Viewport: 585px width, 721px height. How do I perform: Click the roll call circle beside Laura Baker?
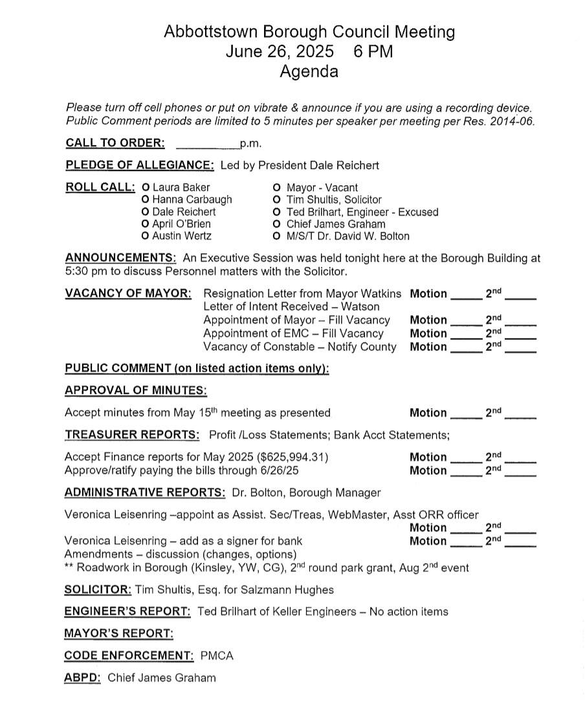click(x=146, y=188)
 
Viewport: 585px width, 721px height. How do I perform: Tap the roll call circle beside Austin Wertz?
click(x=146, y=236)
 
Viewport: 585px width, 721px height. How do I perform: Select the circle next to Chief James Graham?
click(x=277, y=224)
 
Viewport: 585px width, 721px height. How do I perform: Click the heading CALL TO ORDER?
click(x=115, y=143)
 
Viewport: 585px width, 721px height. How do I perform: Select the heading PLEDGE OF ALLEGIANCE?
click(x=140, y=165)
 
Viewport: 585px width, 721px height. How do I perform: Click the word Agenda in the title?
click(x=309, y=71)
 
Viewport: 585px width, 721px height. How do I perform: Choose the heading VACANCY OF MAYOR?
click(x=128, y=293)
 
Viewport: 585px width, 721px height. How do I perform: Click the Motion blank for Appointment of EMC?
click(x=466, y=334)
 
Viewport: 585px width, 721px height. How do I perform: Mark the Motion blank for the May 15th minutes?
click(x=466, y=414)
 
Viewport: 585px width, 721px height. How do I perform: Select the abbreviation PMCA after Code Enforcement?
click(x=217, y=656)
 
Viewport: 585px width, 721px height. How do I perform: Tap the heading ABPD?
click(x=82, y=678)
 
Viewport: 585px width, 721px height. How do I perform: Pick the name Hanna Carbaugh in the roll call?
click(x=192, y=200)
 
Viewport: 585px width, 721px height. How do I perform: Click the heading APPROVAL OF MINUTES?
click(x=136, y=391)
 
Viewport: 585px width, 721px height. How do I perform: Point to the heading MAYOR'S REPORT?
click(x=118, y=634)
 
